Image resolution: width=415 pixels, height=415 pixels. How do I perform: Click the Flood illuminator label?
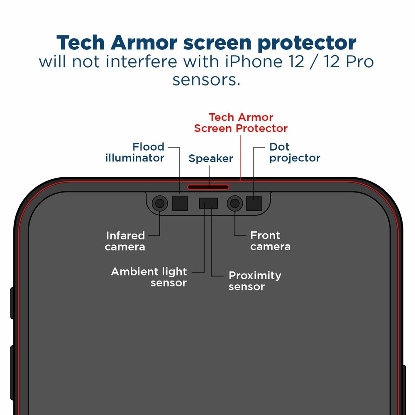point(135,152)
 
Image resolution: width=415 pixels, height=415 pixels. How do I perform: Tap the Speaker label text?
point(211,159)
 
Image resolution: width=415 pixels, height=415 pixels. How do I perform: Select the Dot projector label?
point(295,152)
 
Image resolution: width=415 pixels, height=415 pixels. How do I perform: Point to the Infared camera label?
point(125,241)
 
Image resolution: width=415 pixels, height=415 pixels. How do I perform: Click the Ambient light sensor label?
point(149,277)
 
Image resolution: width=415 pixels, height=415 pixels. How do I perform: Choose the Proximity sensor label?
point(255,281)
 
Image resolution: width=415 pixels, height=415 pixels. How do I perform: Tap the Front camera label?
point(270,241)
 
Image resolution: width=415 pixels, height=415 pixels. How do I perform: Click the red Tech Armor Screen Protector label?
point(241,123)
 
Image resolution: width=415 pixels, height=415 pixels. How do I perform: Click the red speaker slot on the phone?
point(208,187)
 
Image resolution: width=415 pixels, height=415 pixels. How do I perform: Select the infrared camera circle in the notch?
point(160,203)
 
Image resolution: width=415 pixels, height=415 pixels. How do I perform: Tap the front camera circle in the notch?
point(235,203)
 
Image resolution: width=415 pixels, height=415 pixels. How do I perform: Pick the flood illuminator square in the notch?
point(180,203)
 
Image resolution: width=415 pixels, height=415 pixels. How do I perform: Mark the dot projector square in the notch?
point(254,203)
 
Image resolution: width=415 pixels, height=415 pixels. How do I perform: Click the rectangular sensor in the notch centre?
point(208,203)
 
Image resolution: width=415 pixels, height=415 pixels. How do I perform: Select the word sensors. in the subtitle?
point(206,79)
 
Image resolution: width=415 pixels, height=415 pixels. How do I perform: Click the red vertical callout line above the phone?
point(241,158)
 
